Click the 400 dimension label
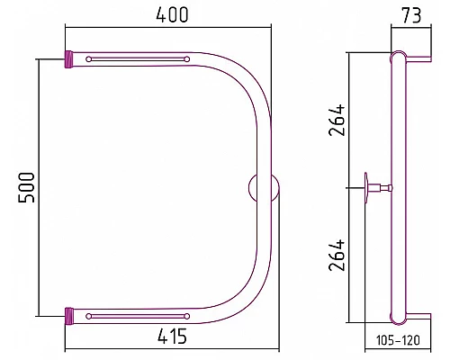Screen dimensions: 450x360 coord(172,14)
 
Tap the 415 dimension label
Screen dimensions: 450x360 coord(172,336)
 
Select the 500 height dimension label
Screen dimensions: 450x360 coord(26,187)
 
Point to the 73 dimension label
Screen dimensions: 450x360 coord(411,15)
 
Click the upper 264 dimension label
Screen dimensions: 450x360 coord(337,120)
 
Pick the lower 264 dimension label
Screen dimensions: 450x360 coord(337,256)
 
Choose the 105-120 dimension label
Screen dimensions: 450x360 coord(398,340)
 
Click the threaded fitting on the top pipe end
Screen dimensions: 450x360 coord(69,59)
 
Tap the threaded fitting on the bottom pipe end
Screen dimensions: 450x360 coord(69,316)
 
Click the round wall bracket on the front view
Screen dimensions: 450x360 coord(264,188)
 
